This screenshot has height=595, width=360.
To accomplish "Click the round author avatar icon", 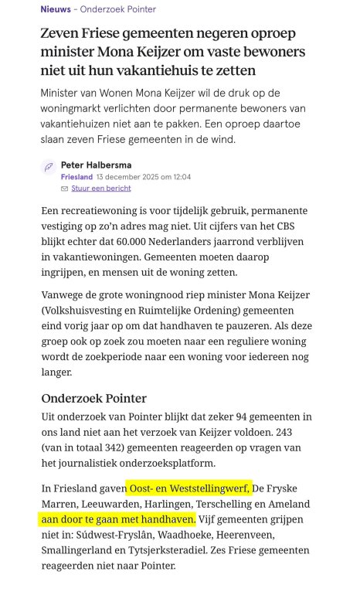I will [x=48, y=167].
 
